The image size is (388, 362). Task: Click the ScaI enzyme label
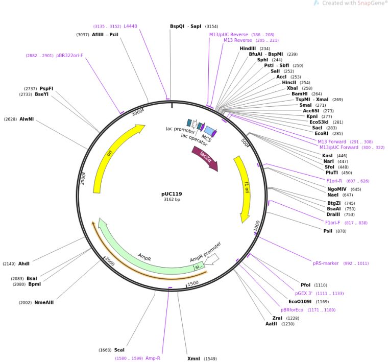tap(119, 350)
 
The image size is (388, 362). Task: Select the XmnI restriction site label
tap(193, 358)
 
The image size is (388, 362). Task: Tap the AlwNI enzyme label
tap(27, 119)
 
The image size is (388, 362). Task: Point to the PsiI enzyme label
tap(327, 231)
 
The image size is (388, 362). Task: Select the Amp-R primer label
tap(153, 358)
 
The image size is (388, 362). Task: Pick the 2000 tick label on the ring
tap(109, 261)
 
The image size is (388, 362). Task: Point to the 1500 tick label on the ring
tap(193, 283)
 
